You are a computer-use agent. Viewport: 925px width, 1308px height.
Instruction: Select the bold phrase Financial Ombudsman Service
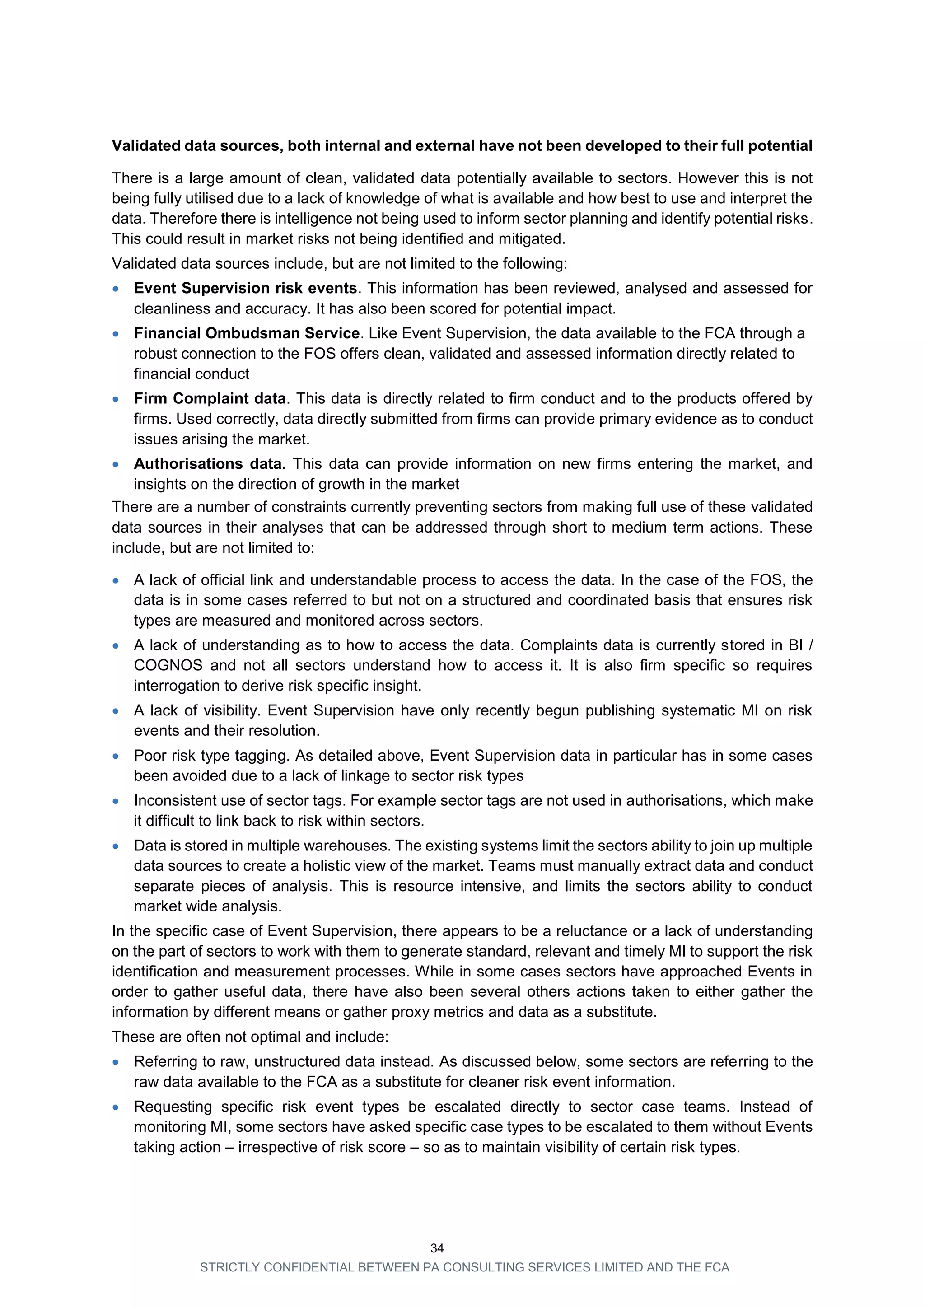pos(247,333)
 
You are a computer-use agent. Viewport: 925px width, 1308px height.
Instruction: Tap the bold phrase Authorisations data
pos(210,464)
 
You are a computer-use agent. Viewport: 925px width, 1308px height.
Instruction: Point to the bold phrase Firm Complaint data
pos(210,398)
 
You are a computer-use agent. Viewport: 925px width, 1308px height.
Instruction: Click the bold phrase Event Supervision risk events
pos(246,288)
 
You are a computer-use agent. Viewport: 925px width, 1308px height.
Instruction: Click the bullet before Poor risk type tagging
pos(116,757)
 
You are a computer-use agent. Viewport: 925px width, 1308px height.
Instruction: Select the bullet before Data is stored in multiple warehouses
pos(116,846)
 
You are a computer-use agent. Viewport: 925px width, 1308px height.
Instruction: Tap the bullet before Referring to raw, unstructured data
pos(116,1062)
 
